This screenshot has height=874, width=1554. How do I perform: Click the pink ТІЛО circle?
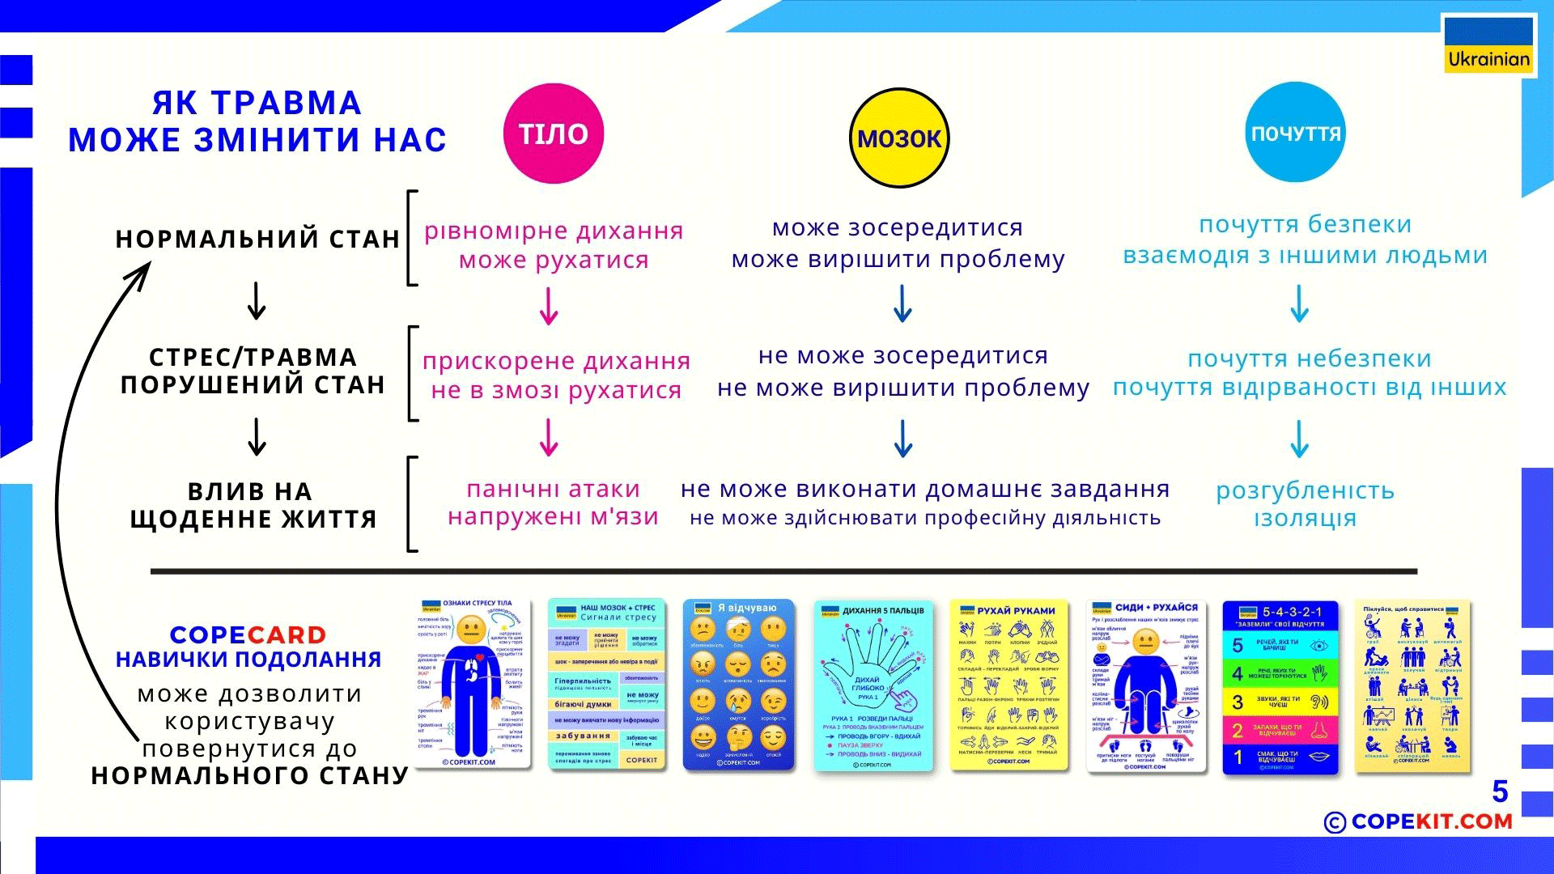pos(554,134)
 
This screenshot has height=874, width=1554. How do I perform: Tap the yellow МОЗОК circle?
pos(899,138)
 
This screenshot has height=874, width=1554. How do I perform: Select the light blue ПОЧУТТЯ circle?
pos(1296,133)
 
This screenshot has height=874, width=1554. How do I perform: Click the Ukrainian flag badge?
pos(1489,45)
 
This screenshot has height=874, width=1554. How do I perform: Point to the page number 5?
pos(1500,791)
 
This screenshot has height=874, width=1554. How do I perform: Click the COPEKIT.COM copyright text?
pos(1418,821)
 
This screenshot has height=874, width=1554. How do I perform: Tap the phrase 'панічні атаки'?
pos(553,489)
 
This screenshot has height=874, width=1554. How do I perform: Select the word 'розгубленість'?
pos(1305,490)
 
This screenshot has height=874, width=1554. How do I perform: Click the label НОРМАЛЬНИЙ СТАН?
pos(257,239)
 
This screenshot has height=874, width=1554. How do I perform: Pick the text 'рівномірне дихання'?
pos(554,231)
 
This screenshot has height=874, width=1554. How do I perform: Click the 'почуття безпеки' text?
pos(1305,224)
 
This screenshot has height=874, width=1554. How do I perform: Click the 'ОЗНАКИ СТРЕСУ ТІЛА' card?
pos(474,685)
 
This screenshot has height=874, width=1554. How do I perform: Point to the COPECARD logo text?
pos(248,635)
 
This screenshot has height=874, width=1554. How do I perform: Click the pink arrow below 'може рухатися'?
pos(550,307)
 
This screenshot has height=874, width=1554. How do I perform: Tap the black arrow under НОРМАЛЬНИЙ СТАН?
pos(257,300)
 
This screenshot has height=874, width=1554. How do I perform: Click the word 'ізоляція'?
pos(1305,519)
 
